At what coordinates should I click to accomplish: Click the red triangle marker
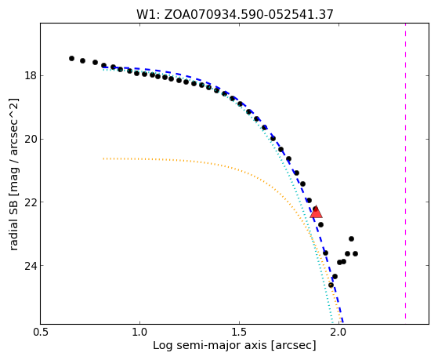click(317, 213)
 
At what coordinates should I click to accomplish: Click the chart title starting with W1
click(234, 14)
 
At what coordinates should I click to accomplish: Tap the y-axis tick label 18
click(31, 76)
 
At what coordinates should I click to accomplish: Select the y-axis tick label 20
click(31, 139)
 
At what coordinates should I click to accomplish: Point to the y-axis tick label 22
click(31, 202)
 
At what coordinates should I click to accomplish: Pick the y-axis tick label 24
click(31, 265)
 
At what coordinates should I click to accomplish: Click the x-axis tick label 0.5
click(41, 332)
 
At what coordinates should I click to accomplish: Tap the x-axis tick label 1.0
click(139, 332)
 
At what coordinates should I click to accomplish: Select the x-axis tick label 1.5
click(240, 332)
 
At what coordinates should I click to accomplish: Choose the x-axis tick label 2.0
click(338, 332)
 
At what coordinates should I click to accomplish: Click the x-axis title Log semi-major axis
click(209, 345)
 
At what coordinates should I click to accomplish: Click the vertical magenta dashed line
click(405, 171)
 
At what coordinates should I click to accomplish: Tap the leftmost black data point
click(71, 59)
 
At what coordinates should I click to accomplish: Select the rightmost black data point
click(355, 253)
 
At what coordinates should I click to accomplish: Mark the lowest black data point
click(331, 285)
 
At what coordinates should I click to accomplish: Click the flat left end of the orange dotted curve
click(103, 158)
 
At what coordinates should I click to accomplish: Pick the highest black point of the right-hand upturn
click(351, 239)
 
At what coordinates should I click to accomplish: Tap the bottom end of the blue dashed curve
click(342, 322)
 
